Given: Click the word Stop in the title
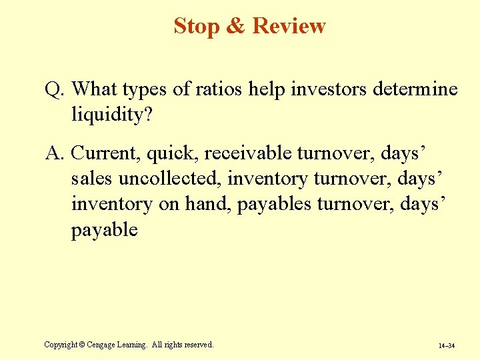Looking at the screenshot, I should tap(196, 26).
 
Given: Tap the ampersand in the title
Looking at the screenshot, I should tap(235, 26).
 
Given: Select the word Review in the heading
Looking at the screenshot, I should tap(289, 26).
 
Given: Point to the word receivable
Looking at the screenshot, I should tap(247, 153).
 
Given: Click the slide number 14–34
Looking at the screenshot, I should tap(447, 346).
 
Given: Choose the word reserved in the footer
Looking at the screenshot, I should tap(195, 345).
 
